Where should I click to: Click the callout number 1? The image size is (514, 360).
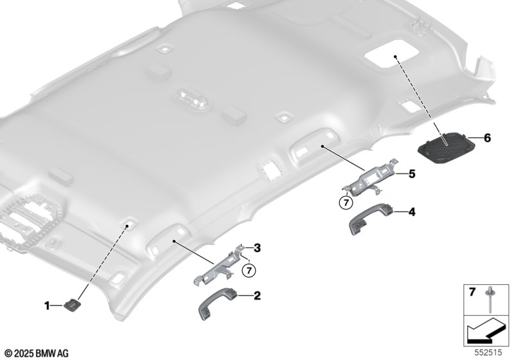[x=47, y=306]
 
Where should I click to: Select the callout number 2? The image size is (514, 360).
[x=258, y=296]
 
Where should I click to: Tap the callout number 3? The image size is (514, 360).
[x=258, y=248]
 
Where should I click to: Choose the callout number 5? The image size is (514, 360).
[x=412, y=174]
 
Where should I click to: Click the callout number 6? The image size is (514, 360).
[x=488, y=138]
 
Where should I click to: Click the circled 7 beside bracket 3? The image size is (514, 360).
[x=249, y=271]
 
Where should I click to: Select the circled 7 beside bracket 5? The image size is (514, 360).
[x=346, y=203]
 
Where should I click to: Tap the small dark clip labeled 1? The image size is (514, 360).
[x=71, y=305]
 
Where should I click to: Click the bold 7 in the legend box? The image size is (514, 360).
[x=472, y=292]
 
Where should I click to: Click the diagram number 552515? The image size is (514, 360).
[x=488, y=352]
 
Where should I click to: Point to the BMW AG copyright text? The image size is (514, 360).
[x=37, y=354]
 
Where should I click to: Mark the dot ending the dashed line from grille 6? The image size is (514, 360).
[x=395, y=57]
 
